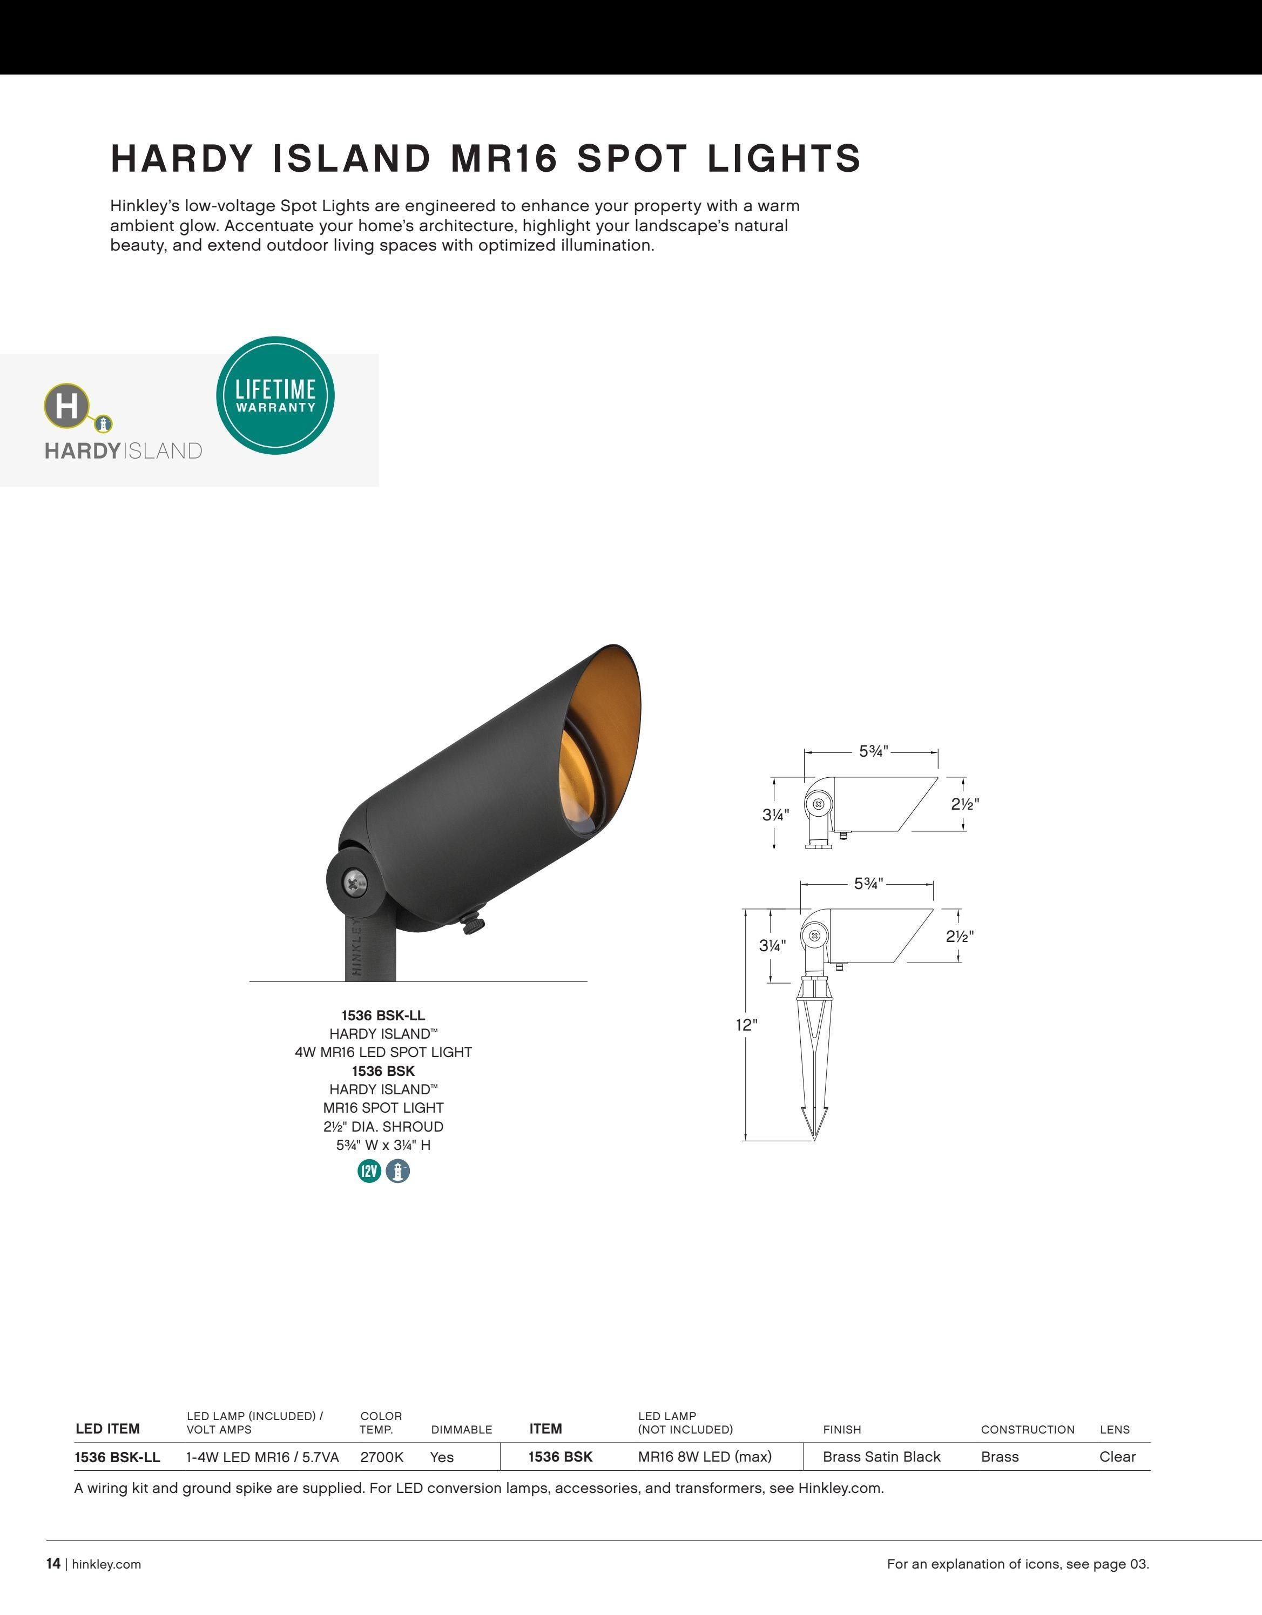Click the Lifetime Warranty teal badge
(x=275, y=395)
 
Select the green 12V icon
(x=369, y=1170)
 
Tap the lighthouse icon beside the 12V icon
(x=398, y=1170)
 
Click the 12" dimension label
(x=746, y=1024)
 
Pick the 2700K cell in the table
(x=381, y=1457)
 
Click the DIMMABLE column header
(x=461, y=1429)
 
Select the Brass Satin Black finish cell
(x=881, y=1457)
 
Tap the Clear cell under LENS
(x=1117, y=1457)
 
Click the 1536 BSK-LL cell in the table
(x=118, y=1457)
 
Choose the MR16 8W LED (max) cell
(x=705, y=1457)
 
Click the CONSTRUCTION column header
(x=1028, y=1429)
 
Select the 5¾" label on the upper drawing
(x=873, y=751)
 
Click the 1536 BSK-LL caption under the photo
(x=383, y=1015)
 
